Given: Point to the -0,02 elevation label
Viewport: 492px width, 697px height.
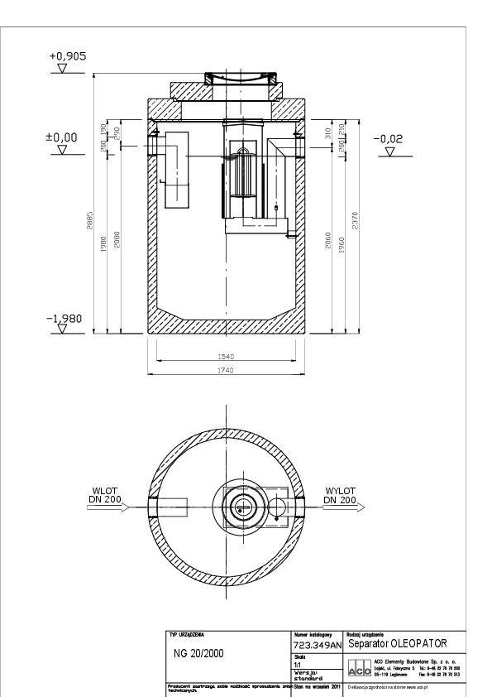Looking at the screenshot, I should pyautogui.click(x=388, y=139).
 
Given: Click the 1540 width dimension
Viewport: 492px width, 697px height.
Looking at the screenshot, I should pyautogui.click(x=227, y=356).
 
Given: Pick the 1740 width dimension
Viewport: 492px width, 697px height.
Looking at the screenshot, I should pyautogui.click(x=227, y=369).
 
